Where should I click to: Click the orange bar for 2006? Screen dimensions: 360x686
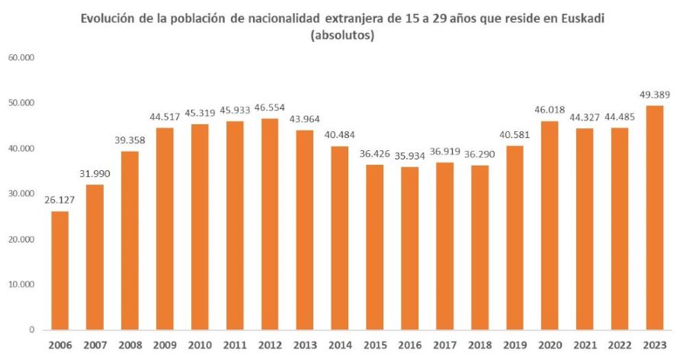[60, 270]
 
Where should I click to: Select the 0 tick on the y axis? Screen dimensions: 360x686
[31, 330]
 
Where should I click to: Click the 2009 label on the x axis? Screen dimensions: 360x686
[165, 344]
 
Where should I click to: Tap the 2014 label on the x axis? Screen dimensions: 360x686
[340, 344]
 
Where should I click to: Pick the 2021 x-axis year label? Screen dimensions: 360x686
[585, 344]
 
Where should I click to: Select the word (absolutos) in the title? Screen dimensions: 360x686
[342, 35]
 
